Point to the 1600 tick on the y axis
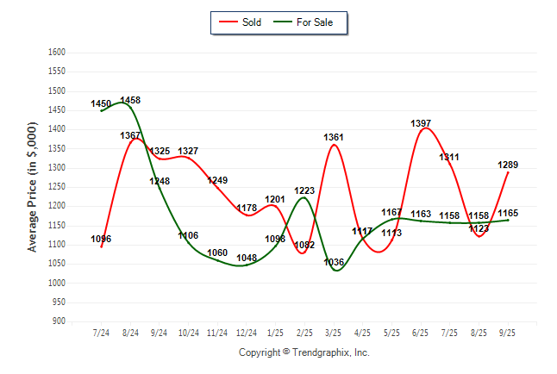click(x=57, y=53)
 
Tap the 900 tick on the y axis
click(x=59, y=321)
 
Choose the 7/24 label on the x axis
click(x=102, y=333)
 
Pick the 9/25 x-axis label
click(x=508, y=333)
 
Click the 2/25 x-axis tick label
click(x=304, y=333)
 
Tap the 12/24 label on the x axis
click(x=247, y=333)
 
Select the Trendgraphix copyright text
click(x=304, y=352)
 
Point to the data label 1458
click(x=130, y=101)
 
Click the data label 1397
click(x=421, y=124)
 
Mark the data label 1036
click(x=334, y=262)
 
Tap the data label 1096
click(x=101, y=239)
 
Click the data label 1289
click(x=508, y=165)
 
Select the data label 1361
click(x=334, y=138)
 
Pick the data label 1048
click(x=247, y=258)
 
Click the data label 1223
click(x=304, y=190)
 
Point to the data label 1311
click(x=449, y=157)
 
